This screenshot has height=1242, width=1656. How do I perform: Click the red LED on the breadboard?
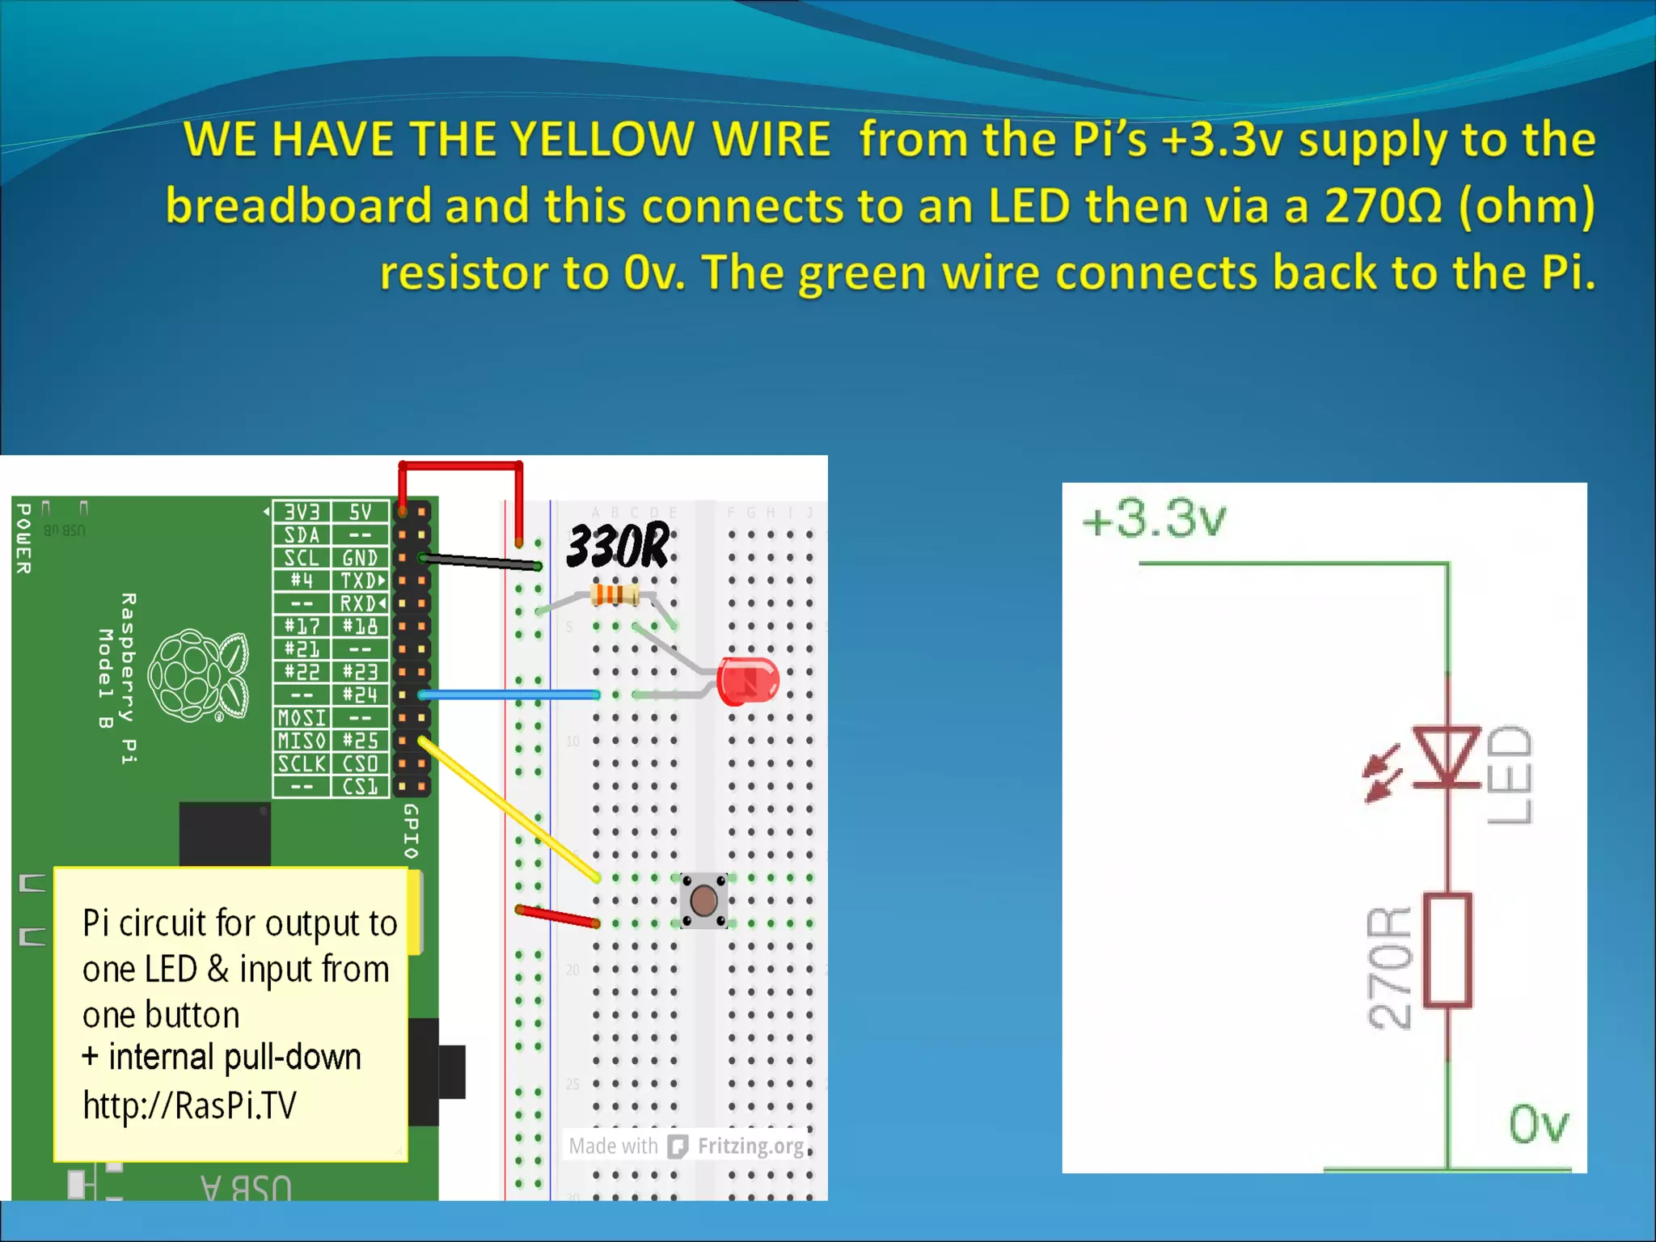748,681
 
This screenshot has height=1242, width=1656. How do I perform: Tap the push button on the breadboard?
703,900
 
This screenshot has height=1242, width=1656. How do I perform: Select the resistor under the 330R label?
615,596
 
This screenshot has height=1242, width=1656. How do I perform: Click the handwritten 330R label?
618,546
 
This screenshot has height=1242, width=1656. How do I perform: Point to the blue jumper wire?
509,695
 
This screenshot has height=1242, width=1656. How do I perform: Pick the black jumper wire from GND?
480,561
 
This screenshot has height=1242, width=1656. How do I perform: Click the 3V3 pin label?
302,512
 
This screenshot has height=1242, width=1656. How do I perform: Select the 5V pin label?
360,512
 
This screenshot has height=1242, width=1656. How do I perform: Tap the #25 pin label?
360,741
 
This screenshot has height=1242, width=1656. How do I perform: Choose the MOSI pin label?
302,718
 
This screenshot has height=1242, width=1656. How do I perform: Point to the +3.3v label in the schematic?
1154,519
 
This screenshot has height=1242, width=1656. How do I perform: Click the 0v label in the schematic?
1538,1124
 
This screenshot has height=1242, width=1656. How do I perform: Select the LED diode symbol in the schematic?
1447,756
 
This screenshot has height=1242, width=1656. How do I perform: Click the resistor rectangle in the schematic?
1447,950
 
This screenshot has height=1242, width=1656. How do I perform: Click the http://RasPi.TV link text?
190,1105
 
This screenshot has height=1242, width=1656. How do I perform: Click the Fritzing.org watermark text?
750,1146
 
